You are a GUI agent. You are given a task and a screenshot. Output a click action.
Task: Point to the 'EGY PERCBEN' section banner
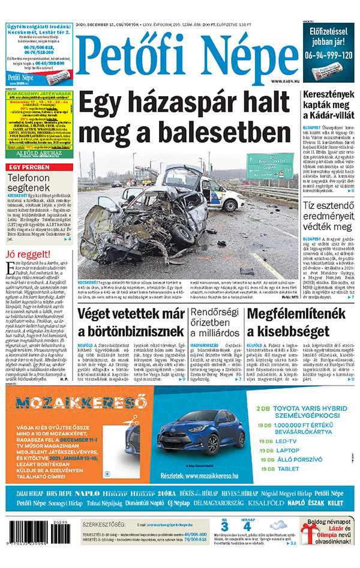tap(28, 166)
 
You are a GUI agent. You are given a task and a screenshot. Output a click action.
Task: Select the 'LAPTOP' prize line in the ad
tap(288, 450)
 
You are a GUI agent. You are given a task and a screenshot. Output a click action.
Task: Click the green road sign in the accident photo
tap(270, 161)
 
